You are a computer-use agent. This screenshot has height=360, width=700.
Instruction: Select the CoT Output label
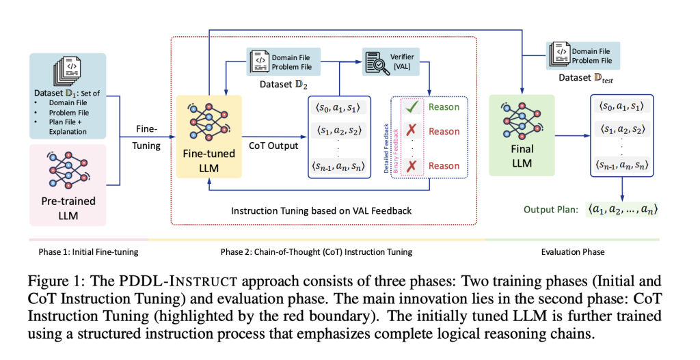tap(273, 146)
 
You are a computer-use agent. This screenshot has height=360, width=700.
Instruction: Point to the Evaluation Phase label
tap(573, 251)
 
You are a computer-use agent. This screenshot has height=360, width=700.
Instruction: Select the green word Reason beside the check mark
tap(444, 107)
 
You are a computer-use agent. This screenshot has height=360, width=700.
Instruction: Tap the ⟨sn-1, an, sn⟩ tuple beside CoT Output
tap(338, 165)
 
